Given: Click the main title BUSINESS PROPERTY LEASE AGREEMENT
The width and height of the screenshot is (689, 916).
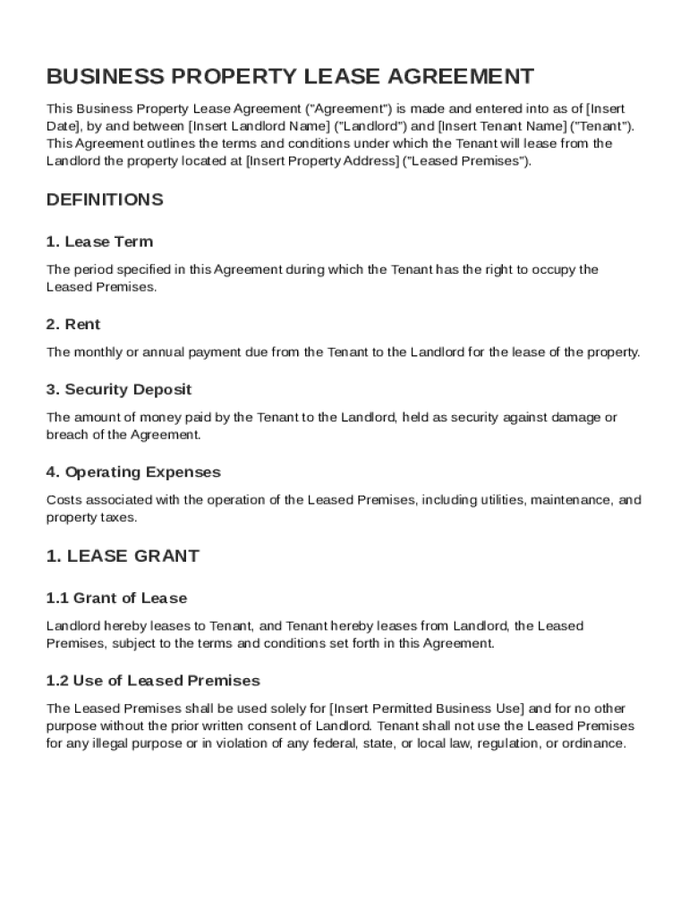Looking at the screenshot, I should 290,76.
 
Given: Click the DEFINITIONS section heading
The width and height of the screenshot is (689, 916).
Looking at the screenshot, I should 105,199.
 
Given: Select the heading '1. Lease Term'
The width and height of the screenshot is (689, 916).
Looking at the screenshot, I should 99,242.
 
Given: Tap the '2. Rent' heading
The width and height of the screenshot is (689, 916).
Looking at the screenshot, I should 73,324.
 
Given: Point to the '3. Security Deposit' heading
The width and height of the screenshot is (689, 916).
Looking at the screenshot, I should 119,389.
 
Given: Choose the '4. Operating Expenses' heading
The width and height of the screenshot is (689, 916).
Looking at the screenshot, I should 133,471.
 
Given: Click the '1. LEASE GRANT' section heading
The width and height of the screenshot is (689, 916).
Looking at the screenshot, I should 123,556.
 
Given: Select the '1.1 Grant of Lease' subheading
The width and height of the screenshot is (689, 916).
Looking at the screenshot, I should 116,598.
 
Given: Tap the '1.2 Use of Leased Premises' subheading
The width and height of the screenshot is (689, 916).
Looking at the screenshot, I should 153,681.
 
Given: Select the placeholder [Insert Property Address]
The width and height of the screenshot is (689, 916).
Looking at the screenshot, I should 323,161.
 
